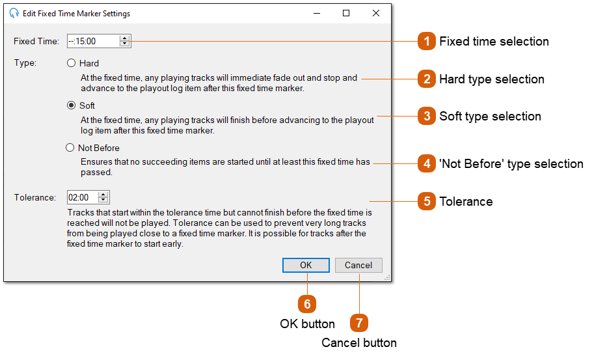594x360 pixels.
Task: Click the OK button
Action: click(x=306, y=265)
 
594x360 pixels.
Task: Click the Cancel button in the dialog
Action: click(x=358, y=265)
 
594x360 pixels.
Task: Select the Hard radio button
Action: click(x=72, y=63)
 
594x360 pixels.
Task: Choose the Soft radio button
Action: click(x=72, y=105)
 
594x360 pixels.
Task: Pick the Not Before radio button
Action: click(x=70, y=148)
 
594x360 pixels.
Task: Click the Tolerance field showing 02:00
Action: click(x=81, y=197)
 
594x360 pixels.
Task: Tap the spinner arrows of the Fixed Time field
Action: click(x=124, y=41)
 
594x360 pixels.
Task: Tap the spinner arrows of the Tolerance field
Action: click(x=103, y=197)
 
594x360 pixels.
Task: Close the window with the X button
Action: click(x=375, y=13)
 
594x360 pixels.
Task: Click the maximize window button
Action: click(x=346, y=13)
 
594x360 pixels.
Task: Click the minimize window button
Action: click(x=316, y=13)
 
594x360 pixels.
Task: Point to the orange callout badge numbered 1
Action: click(x=427, y=42)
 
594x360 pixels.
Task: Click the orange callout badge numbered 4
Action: click(x=427, y=164)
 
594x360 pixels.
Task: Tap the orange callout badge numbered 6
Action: click(x=307, y=304)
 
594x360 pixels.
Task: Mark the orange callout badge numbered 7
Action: click(x=359, y=323)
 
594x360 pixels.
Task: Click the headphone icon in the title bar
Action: click(x=14, y=13)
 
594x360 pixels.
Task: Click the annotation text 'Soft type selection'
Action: click(x=490, y=117)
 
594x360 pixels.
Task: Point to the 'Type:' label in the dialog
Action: click(x=25, y=63)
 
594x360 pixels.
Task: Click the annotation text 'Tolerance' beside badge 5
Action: click(x=466, y=202)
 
